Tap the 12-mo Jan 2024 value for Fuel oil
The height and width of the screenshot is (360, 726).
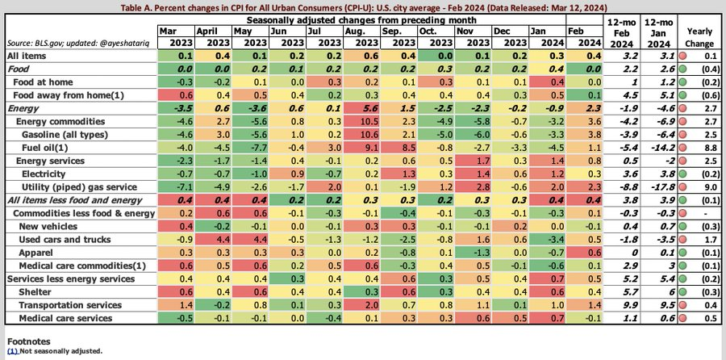tap(664, 148)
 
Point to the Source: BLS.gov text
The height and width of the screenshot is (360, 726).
tap(29, 40)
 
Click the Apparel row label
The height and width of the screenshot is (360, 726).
tap(35, 252)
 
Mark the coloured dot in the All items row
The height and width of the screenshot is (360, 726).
tap(683, 56)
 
